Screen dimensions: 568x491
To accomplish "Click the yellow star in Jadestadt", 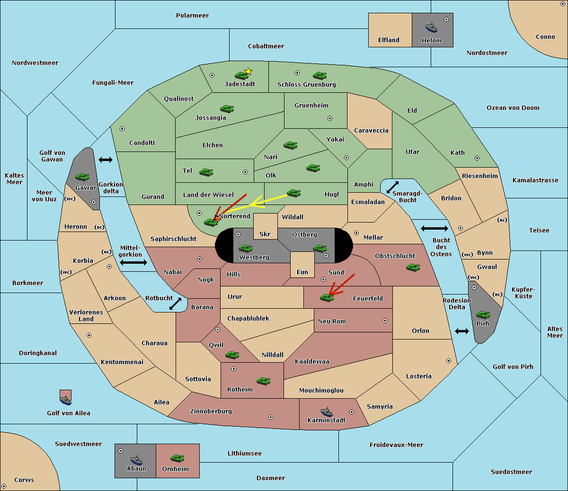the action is point(248,71).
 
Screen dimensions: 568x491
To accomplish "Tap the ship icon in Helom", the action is point(431,27).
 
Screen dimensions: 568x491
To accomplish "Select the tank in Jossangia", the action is point(227,108).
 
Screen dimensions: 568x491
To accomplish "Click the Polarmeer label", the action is point(192,16).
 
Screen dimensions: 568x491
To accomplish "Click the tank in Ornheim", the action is point(177,458).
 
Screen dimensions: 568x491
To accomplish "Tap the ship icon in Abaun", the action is point(136,459).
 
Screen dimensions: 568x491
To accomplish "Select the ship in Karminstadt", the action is point(327,412).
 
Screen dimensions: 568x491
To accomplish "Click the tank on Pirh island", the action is point(483,314).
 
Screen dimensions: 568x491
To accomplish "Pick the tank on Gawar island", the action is point(82,177).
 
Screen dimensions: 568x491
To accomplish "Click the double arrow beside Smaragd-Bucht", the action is point(392,187).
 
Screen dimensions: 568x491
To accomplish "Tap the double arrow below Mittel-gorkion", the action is point(133,262).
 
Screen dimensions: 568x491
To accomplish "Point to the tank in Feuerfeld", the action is point(327,298).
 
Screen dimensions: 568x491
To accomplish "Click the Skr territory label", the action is point(265,234).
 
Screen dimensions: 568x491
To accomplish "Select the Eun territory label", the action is point(302,272).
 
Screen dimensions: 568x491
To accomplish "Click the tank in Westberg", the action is point(245,248).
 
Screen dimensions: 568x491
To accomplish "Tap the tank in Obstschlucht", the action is point(413,267).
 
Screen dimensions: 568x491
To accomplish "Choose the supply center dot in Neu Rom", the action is point(385,321).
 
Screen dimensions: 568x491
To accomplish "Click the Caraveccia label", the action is point(371,130).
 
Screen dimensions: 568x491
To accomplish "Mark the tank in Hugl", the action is point(293,193).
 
